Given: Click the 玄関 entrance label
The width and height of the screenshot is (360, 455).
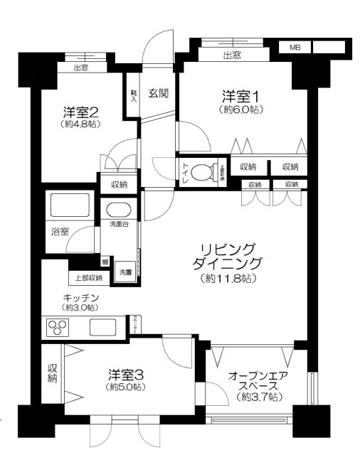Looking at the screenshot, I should tap(158, 93).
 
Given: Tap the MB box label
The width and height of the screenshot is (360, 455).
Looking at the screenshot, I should tap(295, 47).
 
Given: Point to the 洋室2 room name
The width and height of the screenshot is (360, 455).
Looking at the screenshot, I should tap(80, 112).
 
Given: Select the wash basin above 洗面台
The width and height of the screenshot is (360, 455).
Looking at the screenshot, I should tap(117, 210).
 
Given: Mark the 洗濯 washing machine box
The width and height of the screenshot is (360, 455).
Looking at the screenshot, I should tap(125, 273).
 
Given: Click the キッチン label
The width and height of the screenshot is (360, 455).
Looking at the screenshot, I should tap(79, 296).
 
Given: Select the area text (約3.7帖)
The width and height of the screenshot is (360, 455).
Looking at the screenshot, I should tap(259, 397).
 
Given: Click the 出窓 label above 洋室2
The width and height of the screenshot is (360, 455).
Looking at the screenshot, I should tap(80, 68).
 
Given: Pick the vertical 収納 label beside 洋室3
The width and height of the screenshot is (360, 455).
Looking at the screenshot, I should tap(52, 373).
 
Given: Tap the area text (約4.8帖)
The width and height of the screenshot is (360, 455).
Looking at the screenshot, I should tap(80, 124).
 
